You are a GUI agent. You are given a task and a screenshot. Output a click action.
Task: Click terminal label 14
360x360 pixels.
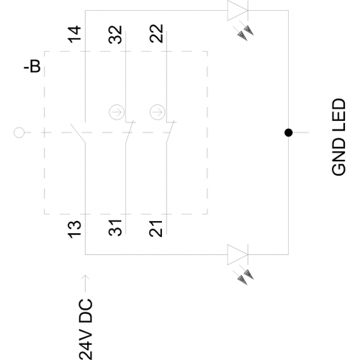tap(75, 35)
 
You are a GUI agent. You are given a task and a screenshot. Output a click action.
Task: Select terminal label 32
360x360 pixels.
tap(115, 35)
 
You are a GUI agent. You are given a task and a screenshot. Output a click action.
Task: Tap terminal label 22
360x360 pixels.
tap(156, 34)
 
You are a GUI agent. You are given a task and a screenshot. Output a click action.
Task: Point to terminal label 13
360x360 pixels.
tap(75, 230)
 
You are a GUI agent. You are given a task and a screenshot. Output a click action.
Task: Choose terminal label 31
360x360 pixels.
tap(115, 228)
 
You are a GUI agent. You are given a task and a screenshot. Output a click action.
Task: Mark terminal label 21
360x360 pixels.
tap(156, 228)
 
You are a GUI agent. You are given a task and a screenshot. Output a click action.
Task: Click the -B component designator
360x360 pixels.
tap(32, 66)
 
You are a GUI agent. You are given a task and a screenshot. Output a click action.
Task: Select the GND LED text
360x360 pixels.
tap(338, 137)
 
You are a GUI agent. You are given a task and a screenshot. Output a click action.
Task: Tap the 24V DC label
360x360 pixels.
tap(86, 329)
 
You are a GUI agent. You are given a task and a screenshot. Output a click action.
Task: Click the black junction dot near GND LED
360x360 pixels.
tap(289, 132)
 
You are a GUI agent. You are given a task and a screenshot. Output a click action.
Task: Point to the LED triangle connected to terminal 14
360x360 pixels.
tap(238, 10)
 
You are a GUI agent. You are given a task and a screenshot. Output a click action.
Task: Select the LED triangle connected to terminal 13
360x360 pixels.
tap(238, 254)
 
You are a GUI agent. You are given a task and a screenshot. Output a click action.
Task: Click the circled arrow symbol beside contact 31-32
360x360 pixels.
tap(117, 112)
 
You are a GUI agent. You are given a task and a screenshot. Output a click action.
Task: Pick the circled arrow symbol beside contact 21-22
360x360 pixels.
tap(158, 112)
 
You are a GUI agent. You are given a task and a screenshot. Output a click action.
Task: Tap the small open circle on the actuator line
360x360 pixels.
tap(19, 132)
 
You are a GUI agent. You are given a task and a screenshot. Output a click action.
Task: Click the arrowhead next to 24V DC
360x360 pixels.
tap(85, 278)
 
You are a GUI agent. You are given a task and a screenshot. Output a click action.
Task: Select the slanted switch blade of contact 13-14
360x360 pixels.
tap(78, 133)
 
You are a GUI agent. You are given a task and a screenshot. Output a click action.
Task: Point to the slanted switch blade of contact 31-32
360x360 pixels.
tap(130, 132)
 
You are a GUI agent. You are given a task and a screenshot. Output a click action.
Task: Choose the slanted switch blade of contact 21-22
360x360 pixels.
tap(170, 132)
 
